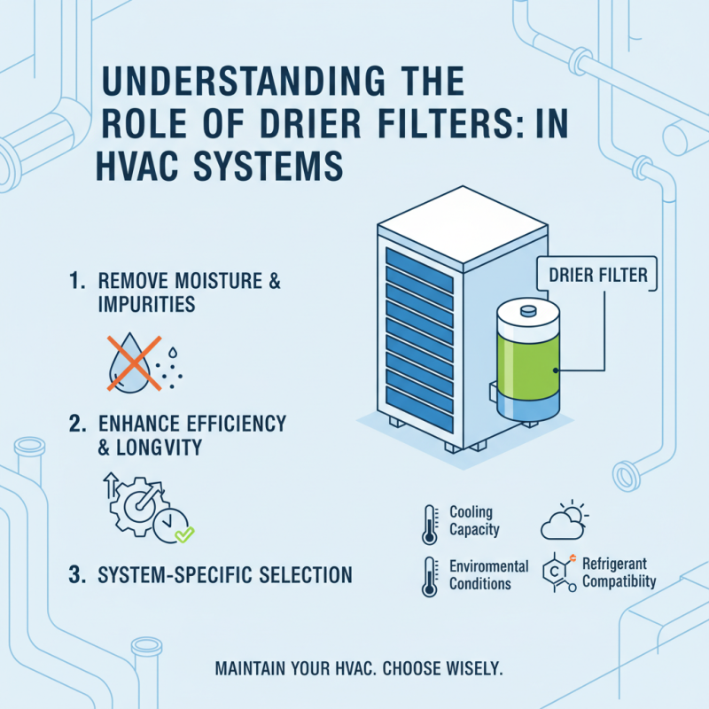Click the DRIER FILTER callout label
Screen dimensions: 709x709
coord(592,276)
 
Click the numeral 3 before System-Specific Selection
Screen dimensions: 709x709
coord(76,574)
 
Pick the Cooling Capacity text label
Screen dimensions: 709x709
coord(474,521)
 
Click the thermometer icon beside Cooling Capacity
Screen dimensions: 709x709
coord(430,524)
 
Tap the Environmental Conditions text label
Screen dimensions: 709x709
coord(488,574)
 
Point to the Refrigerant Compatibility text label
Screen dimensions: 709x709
coord(619,573)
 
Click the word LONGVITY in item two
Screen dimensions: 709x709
coord(156,448)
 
